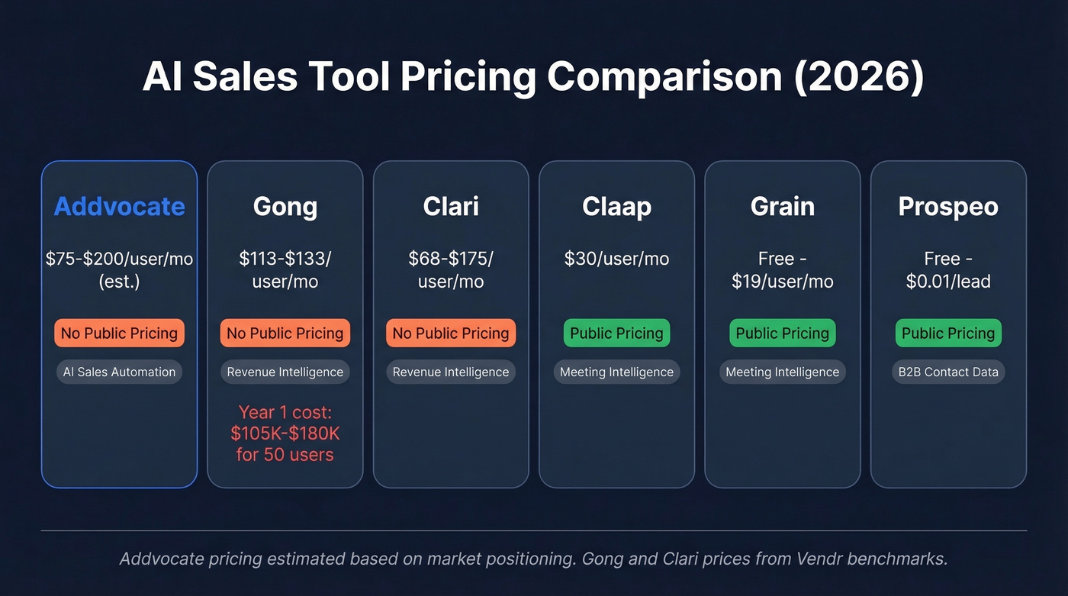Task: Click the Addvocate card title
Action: [x=119, y=207]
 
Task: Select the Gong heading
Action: [x=285, y=207]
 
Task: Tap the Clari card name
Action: [x=451, y=207]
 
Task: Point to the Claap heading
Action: [x=616, y=207]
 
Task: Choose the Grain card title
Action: [x=782, y=207]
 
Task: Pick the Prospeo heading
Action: [x=948, y=207]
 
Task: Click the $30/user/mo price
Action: [x=616, y=259]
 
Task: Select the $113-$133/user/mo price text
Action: [x=285, y=269]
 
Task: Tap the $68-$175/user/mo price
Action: [x=451, y=269]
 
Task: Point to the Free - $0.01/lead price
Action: [x=948, y=269]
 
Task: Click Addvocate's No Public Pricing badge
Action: [x=119, y=333]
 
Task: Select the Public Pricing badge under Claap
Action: [x=616, y=333]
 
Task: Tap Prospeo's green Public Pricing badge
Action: [x=948, y=333]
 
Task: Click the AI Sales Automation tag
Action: [x=119, y=372]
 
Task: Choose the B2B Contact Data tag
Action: [x=948, y=372]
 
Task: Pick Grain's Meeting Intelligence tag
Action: [x=782, y=372]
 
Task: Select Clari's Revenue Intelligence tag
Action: [x=451, y=372]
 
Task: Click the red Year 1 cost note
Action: [x=285, y=433]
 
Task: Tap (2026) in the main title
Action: [x=859, y=78]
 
